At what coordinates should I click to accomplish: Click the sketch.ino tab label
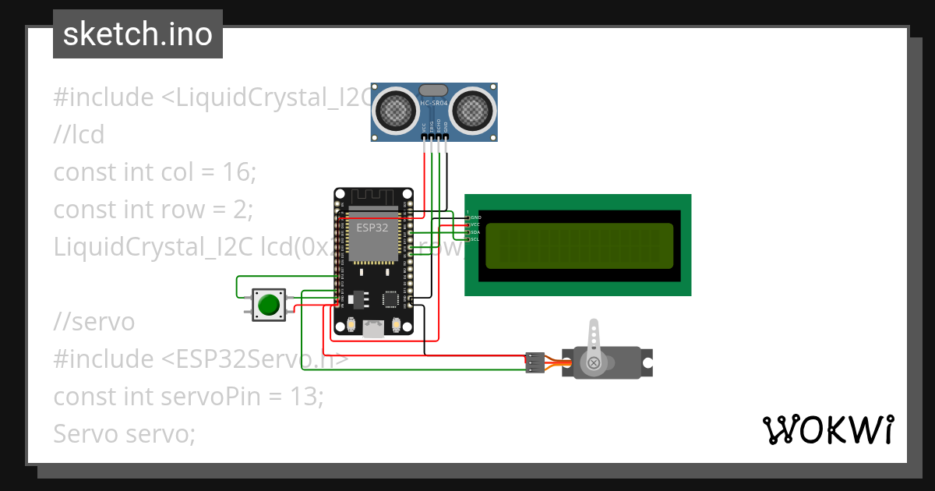[x=137, y=34]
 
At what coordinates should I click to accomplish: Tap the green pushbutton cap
[x=269, y=304]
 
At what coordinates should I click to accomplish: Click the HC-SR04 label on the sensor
[x=434, y=103]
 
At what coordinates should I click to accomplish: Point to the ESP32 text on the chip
[x=373, y=228]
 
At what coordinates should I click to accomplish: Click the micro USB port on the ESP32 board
[x=373, y=330]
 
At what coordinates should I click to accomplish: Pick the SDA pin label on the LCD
[x=475, y=232]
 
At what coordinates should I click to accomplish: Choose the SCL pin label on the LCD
[x=475, y=239]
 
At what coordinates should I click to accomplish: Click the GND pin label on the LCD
[x=475, y=217]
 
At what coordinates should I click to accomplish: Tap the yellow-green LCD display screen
[x=579, y=245]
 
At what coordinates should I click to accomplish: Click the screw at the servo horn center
[x=594, y=362]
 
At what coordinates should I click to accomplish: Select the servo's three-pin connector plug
[x=535, y=362]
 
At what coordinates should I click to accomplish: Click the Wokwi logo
[x=827, y=429]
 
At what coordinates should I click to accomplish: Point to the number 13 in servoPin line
[x=303, y=396]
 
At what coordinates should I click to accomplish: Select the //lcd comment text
[x=79, y=135]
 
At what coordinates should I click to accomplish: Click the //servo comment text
[x=93, y=321]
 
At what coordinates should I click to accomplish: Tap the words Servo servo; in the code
[x=124, y=433]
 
